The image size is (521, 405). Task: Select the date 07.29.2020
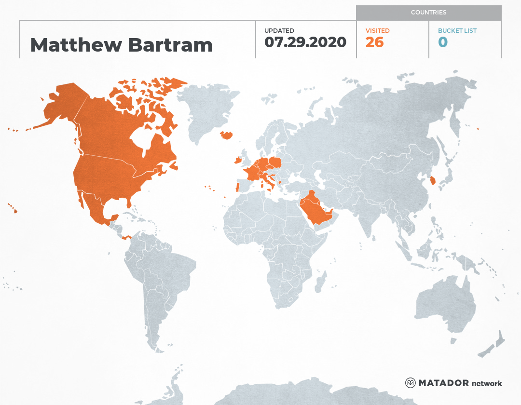(305, 42)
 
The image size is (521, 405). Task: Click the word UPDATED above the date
(279, 31)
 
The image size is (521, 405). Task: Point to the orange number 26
(374, 42)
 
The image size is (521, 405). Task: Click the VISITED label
(377, 31)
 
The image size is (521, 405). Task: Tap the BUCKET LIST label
(457, 31)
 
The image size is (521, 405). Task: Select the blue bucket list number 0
(442, 42)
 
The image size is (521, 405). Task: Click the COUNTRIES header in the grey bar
(428, 13)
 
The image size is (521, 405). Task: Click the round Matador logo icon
(410, 383)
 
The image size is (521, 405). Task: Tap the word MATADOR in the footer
(443, 383)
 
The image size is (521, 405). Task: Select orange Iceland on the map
(226, 135)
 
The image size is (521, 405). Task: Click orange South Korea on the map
(433, 181)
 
